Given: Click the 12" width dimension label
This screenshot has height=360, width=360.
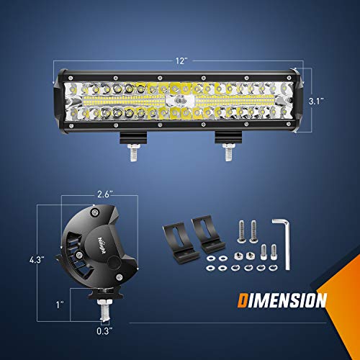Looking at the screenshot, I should [184, 60].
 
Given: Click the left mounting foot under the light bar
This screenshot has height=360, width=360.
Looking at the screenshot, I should [134, 138].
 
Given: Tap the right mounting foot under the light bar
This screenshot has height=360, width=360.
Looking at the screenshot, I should [227, 138].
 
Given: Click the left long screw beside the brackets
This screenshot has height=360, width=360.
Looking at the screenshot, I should [240, 233].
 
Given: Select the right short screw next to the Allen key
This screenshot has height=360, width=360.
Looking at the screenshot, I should [274, 252].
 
